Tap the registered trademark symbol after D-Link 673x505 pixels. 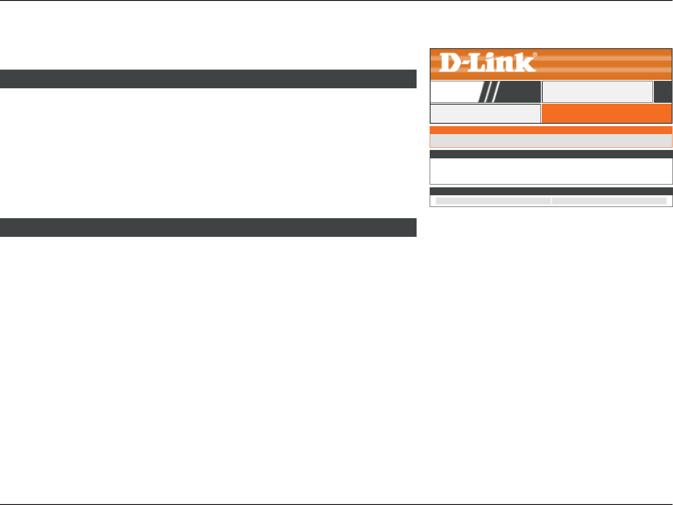tap(535, 55)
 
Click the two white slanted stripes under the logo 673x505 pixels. tap(490, 92)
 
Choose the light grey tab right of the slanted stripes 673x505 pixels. tap(597, 92)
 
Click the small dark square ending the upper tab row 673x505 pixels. tap(663, 92)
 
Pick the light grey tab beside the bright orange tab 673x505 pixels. tap(485, 114)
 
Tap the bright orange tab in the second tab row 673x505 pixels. tap(606, 114)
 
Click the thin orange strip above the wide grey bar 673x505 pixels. tap(551, 130)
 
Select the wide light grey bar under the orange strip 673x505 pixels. tap(551, 141)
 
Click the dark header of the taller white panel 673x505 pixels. tap(551, 154)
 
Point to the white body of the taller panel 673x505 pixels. tap(551, 171)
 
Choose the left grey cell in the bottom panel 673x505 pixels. tap(493, 201)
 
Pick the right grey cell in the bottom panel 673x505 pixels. tap(609, 201)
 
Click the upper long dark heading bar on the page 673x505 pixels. tap(208, 79)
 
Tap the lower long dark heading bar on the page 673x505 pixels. tap(208, 228)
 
